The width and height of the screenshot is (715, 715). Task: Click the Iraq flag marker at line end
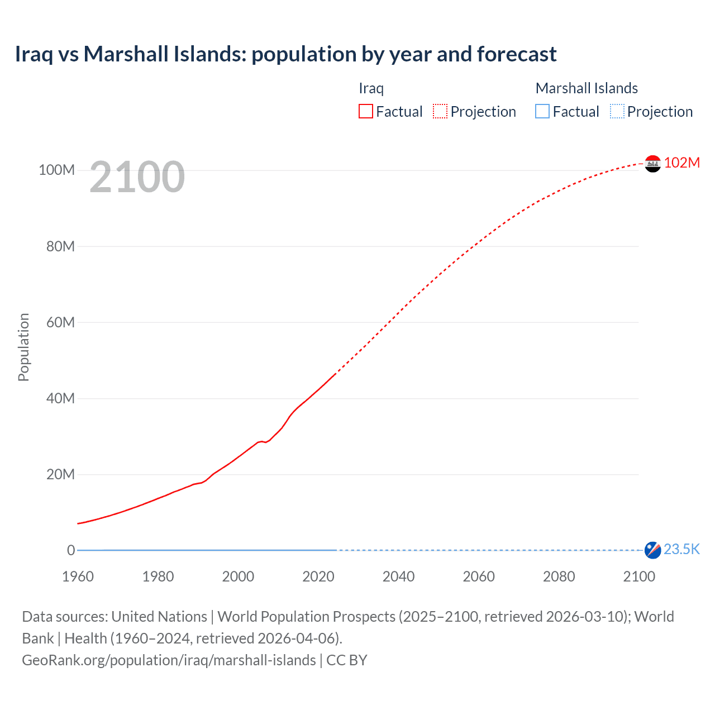pos(652,164)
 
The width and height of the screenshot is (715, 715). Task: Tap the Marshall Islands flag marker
pos(652,550)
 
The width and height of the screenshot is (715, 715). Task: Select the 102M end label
pos(681,163)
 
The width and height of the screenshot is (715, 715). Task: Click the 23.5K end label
pos(681,550)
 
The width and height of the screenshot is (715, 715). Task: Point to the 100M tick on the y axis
pos(56,170)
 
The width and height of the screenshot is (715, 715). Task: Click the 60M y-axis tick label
pos(60,322)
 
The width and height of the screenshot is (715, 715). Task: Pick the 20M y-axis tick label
pos(60,474)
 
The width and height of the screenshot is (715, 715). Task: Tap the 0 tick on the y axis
pos(70,550)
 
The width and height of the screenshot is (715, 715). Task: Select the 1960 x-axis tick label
pos(78,576)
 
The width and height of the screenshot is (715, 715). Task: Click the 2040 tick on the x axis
pos(398,576)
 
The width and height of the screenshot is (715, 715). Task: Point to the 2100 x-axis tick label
pos(639,576)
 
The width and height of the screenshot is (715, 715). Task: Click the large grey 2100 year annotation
pos(137,177)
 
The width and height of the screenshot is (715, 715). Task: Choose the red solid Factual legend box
pos(366,112)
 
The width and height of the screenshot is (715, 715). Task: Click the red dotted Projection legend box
pos(440,112)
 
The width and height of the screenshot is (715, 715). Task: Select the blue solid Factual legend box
pos(542,112)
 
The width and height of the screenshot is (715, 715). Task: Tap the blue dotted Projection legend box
pos(617,112)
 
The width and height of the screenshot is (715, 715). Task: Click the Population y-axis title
pos(23,347)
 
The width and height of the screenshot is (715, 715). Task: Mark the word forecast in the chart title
pos(516,54)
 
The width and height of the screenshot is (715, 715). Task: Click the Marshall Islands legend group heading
pos(587,88)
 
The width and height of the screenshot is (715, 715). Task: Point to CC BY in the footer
pos(347,660)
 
